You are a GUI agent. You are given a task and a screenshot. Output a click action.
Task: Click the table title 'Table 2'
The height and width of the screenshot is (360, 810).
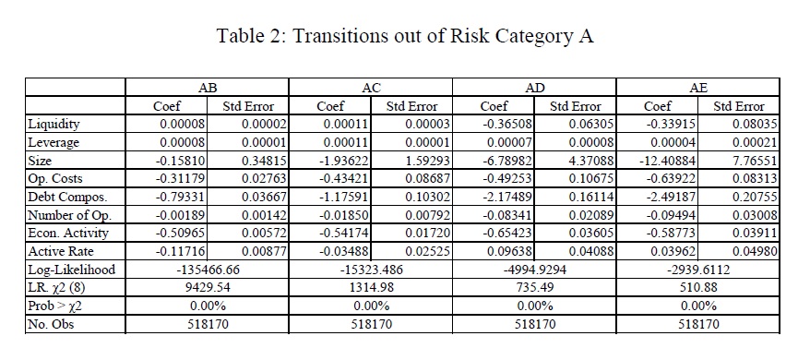click(249, 36)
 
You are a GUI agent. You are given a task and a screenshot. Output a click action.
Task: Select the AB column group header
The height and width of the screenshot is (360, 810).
click(207, 88)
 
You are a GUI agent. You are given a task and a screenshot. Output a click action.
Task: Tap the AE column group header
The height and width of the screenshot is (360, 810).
click(697, 88)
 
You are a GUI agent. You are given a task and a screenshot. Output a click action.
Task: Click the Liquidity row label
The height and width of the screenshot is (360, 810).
click(54, 124)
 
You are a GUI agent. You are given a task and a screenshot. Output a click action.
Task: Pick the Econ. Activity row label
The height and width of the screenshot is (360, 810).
click(68, 234)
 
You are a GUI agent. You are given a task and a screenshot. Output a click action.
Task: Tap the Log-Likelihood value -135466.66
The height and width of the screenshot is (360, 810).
click(208, 270)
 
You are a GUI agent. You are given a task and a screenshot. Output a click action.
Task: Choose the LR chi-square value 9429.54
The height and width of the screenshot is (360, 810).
click(208, 288)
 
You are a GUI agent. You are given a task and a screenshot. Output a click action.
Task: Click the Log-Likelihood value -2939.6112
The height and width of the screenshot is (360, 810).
click(698, 270)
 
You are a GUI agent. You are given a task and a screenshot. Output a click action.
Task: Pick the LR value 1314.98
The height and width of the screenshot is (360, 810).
click(371, 288)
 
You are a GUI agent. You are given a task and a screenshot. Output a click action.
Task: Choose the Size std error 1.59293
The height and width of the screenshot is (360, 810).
click(427, 161)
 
